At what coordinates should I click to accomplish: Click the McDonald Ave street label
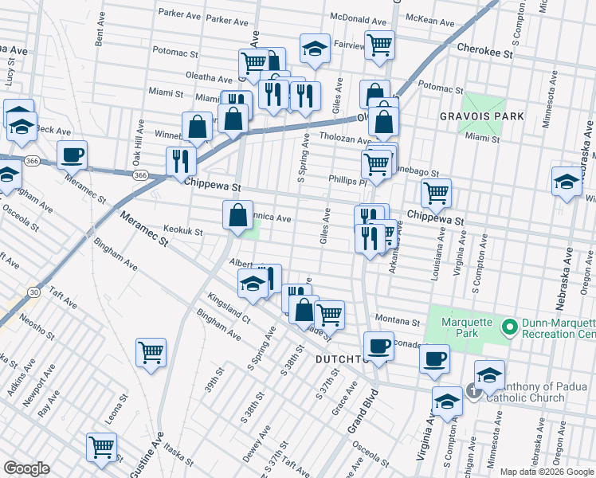pos(355,18)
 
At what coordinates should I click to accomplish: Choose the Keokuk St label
pos(183,233)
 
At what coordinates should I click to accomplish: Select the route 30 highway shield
pos(33,292)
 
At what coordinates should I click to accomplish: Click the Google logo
pos(27,468)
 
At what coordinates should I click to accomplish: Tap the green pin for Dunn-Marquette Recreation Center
pos(508,327)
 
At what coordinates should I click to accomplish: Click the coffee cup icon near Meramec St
pos(72,155)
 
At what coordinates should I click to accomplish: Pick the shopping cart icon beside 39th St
pos(151,351)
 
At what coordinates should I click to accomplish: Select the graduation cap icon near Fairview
pos(316,47)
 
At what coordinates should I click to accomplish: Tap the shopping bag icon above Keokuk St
pos(238,214)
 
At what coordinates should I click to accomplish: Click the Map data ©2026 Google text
pos(546,471)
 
